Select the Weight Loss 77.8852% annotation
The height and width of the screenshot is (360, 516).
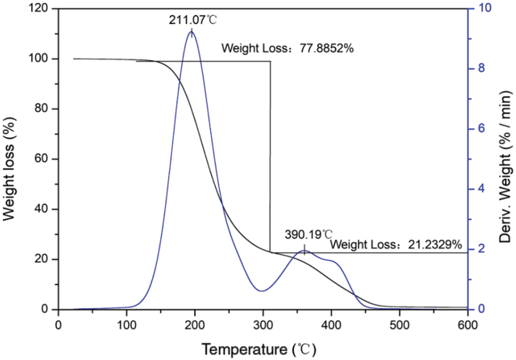coord(288,48)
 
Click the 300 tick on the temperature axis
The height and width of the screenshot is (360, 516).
coord(263,324)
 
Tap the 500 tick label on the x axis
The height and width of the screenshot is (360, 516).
coord(399,324)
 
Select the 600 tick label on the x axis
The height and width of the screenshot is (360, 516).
coord(467,324)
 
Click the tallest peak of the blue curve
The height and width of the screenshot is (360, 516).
coord(191,31)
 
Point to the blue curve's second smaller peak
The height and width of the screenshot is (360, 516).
coord(305,250)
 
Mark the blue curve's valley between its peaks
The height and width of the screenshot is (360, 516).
coord(262,291)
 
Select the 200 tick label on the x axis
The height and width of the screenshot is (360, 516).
coord(127,324)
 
